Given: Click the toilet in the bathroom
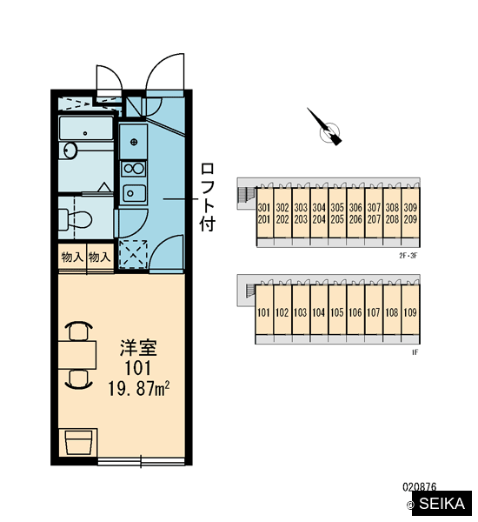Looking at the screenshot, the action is (75, 219).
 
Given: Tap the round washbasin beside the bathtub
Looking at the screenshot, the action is (70, 151).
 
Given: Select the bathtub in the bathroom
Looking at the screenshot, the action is (86, 128).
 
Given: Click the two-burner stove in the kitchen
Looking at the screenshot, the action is (134, 169).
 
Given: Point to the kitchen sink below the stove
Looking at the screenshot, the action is (134, 193).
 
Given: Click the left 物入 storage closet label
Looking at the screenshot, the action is (72, 257).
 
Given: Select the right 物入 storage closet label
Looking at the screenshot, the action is (99, 257).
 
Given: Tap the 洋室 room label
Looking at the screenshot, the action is (138, 347).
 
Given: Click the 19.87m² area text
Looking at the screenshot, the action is (139, 389).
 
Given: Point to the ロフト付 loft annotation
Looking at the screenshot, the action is (208, 197).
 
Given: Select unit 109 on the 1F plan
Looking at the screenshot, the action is (410, 312).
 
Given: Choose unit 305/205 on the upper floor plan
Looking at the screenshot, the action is (337, 213).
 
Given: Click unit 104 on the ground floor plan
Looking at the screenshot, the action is (319, 312).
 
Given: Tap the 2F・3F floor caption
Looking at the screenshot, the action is (408, 256).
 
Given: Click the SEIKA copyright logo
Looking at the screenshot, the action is (440, 504).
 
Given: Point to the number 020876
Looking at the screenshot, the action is (420, 487).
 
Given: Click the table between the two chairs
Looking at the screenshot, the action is (77, 355).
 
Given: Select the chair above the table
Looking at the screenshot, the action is (79, 331).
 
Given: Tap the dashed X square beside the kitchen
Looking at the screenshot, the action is (133, 254).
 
